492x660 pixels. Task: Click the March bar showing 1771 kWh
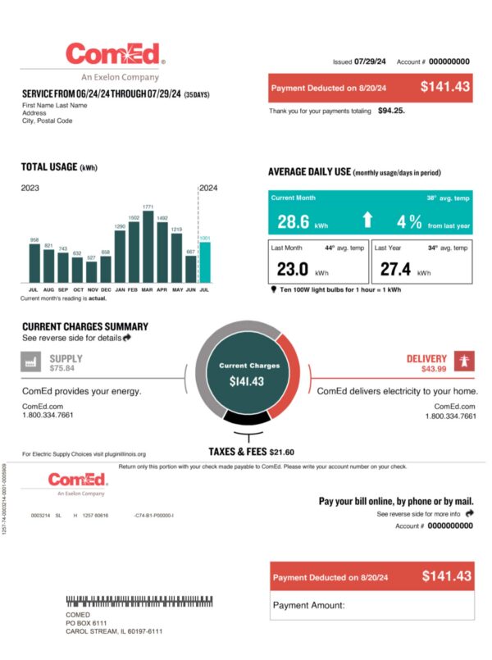click(x=148, y=246)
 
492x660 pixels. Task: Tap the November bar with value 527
click(x=91, y=271)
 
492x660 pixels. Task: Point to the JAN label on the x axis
click(x=120, y=289)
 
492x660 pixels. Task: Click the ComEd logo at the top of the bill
click(x=115, y=56)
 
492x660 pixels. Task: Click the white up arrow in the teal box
click(x=367, y=220)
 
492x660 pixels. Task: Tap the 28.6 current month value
click(x=293, y=221)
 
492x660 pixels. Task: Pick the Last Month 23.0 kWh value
click(x=293, y=269)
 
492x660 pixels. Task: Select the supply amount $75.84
click(x=62, y=369)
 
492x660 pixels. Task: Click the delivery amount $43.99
click(x=435, y=369)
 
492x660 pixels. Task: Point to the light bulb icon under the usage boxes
click(x=272, y=289)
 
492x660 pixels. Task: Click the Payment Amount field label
click(x=307, y=606)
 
